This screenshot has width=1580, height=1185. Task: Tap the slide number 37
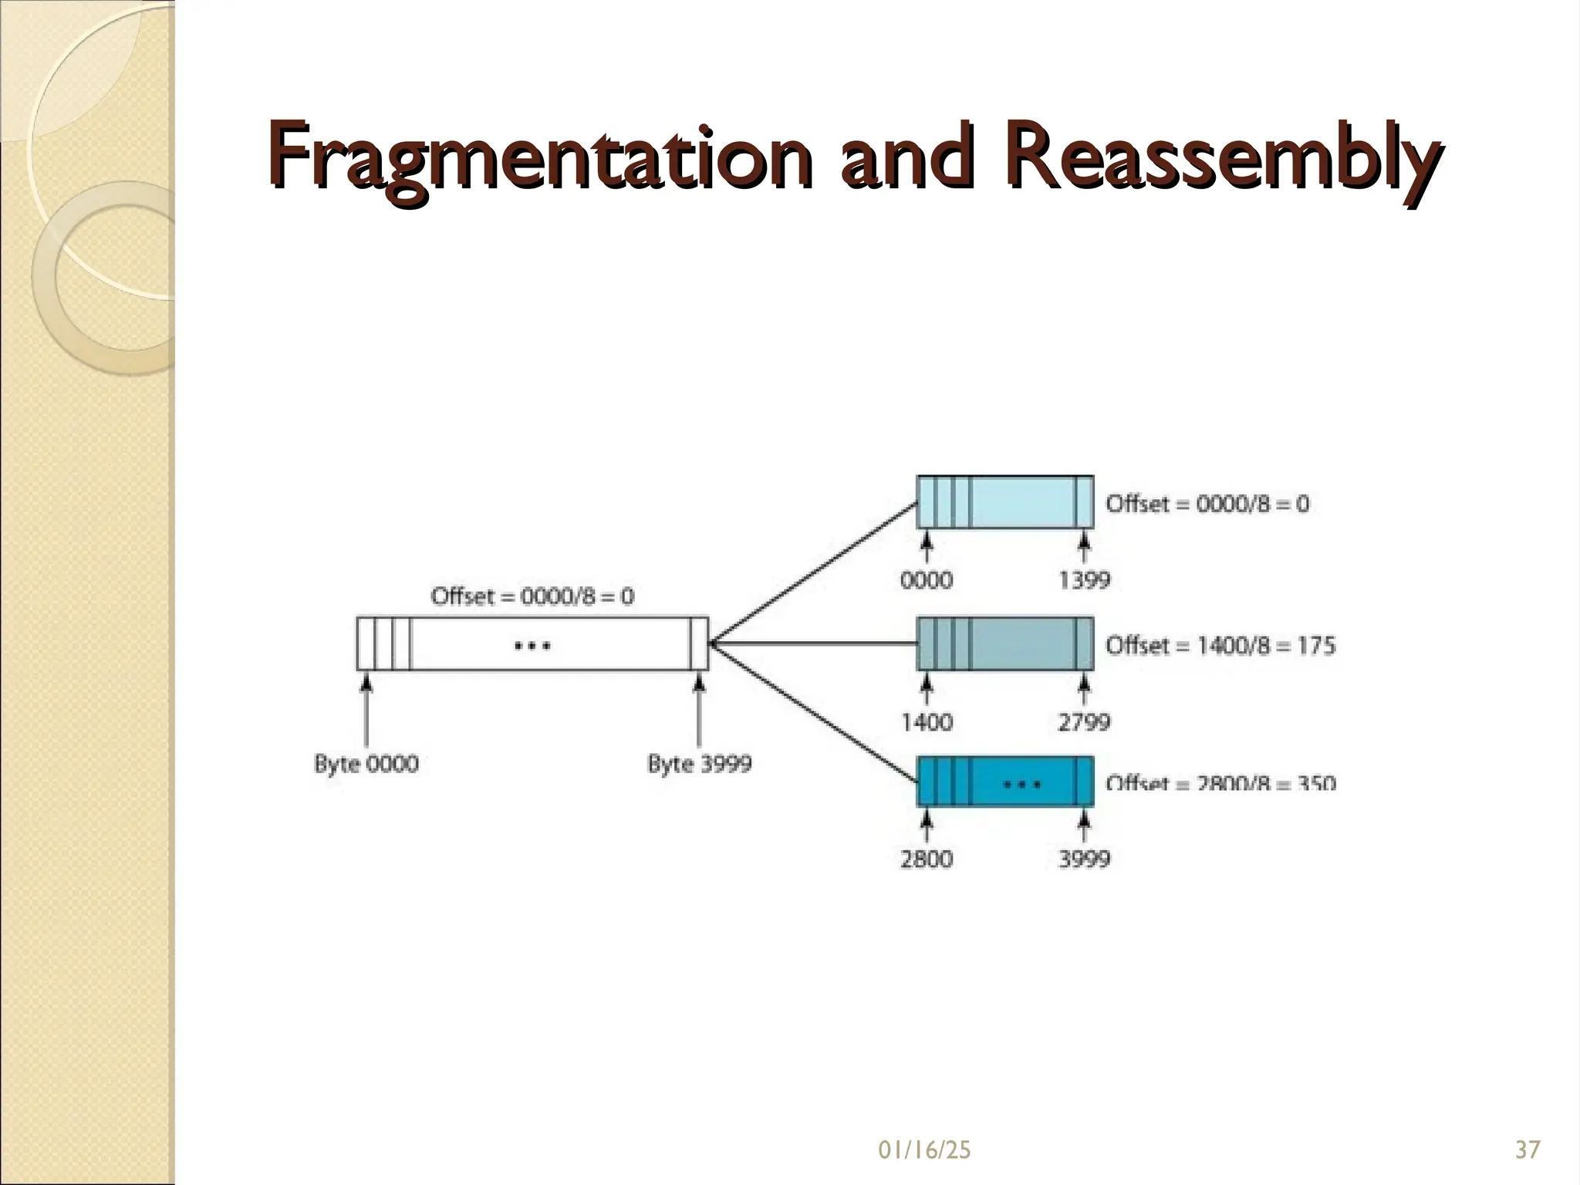pos(1528,1150)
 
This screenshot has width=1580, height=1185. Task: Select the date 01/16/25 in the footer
pos(924,1150)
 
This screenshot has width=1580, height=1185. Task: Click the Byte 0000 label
pos(366,764)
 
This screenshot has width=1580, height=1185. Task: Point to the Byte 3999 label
pos(699,764)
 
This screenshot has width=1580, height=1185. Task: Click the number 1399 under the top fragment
pos(1084,580)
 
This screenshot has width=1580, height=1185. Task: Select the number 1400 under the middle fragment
pos(927,722)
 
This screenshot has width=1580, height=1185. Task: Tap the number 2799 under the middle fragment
pos(1084,722)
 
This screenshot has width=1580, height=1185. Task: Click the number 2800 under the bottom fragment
pos(927,859)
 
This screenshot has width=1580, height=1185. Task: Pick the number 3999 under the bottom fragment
pos(1084,859)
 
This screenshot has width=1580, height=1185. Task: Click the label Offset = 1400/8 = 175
pos(1220,645)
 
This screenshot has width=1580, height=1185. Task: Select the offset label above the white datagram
pos(532,596)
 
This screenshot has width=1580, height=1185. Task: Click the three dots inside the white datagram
pos(532,645)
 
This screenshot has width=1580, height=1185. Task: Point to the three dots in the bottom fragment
pos(1021,785)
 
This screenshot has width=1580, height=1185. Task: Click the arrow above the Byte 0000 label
pos(366,710)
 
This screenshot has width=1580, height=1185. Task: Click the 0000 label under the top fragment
pos(927,580)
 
